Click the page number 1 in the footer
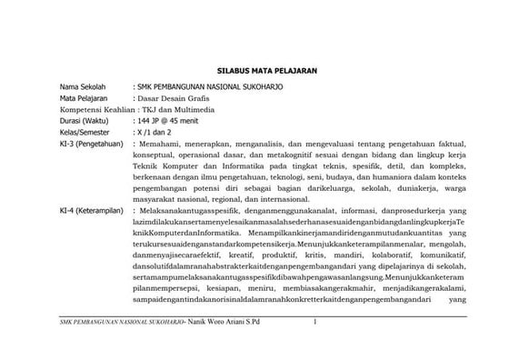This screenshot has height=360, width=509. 313,322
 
